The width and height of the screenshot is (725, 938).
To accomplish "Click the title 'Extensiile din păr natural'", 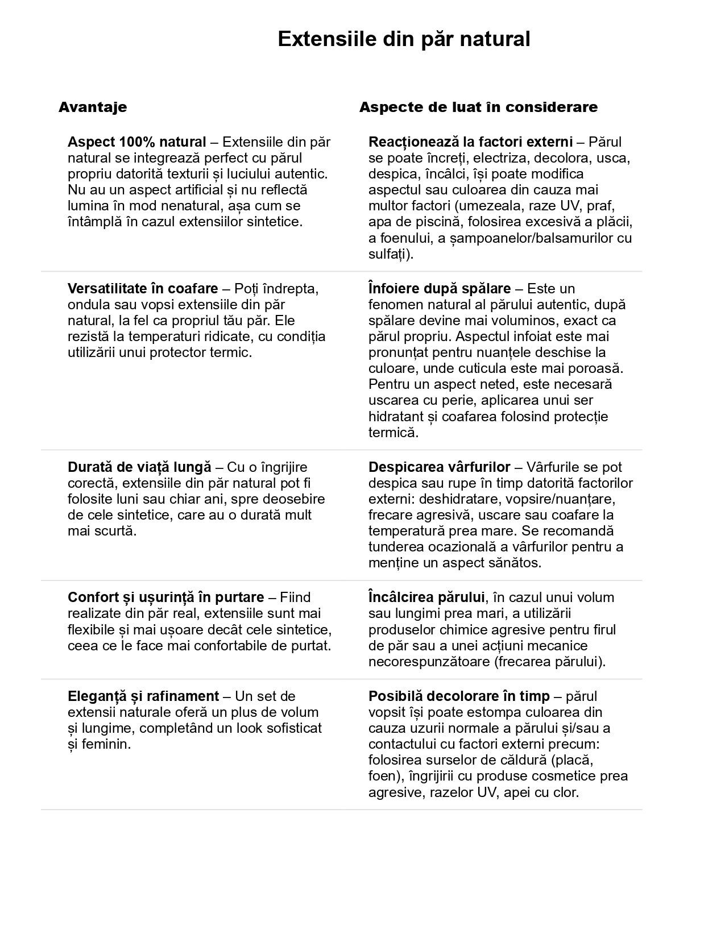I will click(404, 39).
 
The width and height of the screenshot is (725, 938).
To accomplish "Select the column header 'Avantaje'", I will click(93, 107).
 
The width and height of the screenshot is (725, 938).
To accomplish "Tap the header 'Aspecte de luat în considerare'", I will click(478, 107).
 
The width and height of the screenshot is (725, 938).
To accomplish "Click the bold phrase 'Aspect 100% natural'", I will click(136, 142).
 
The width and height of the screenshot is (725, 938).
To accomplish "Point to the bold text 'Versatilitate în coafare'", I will click(143, 288).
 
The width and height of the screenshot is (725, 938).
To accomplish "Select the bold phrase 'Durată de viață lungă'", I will click(139, 467).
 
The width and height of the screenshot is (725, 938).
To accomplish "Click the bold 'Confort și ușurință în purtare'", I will click(165, 597).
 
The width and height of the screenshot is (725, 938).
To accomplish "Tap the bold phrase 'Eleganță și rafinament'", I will click(143, 696).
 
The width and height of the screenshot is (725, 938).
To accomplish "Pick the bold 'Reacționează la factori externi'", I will click(470, 142).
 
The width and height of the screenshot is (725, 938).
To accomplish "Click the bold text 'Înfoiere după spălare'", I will click(439, 288).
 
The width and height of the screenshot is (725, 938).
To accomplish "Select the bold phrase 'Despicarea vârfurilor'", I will click(439, 467).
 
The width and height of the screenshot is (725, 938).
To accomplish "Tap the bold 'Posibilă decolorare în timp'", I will click(459, 696).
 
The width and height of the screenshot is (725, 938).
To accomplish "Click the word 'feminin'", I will click(106, 744).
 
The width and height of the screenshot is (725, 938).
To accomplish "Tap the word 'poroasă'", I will click(596, 368).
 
